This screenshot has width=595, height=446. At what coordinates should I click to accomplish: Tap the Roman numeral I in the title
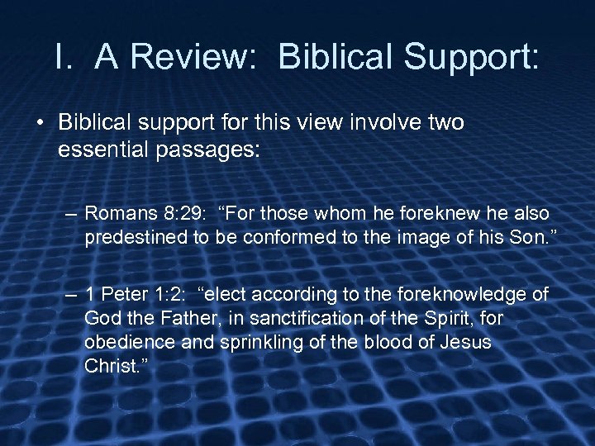coord(59,57)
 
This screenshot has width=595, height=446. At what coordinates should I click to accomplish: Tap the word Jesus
coord(469,343)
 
